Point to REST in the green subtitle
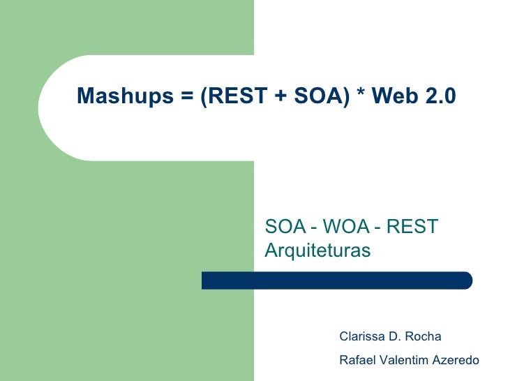[x=412, y=227]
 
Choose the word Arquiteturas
[x=317, y=249]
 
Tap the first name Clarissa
[x=362, y=336]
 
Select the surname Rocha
[x=423, y=336]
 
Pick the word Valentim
[x=403, y=361]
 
